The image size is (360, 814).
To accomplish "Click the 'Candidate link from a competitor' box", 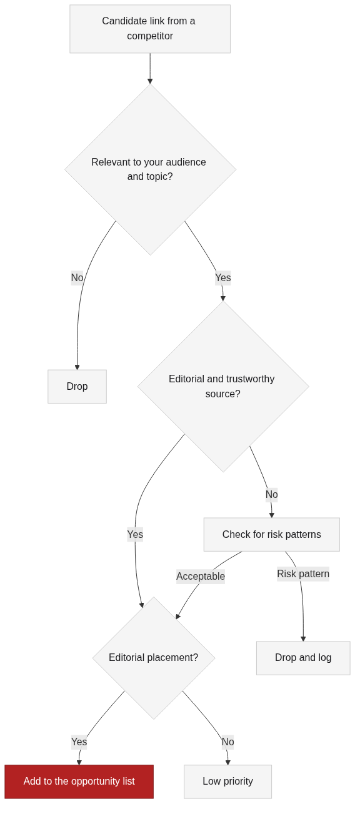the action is (150, 29).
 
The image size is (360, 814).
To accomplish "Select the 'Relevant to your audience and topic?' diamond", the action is (150, 169).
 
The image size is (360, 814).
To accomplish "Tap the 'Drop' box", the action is (77, 386).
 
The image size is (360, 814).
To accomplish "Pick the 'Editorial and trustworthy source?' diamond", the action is (223, 386).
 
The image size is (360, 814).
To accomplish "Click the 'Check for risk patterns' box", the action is (272, 534).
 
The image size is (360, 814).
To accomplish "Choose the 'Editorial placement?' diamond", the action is (154, 658).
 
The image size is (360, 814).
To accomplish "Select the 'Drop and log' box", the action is (303, 658).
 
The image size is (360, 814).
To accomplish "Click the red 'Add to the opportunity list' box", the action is (79, 782).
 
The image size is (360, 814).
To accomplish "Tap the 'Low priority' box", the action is (227, 782).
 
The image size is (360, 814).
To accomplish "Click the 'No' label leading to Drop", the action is (77, 277).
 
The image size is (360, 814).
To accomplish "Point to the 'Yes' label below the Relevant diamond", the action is (223, 277).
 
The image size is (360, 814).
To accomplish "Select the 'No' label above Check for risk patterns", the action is (272, 495).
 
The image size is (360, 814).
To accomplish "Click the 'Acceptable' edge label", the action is (201, 577).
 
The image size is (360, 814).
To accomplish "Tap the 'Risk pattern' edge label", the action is (303, 573).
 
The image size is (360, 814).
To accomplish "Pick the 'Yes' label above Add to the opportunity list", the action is (79, 742).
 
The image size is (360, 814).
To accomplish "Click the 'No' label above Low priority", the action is (228, 742).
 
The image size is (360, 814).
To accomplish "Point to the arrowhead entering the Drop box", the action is (77, 367).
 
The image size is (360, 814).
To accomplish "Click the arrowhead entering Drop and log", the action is (303, 639).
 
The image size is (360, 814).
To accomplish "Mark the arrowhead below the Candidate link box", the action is (150, 81).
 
